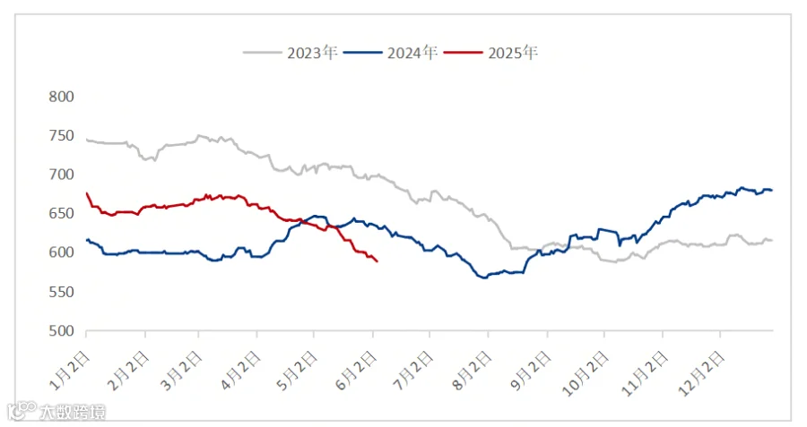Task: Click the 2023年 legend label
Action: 312,53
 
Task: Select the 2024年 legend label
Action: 412,53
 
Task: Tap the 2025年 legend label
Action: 513,53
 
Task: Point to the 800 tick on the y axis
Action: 61,97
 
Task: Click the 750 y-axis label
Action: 61,136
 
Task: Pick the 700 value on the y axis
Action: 61,175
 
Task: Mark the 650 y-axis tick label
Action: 61,214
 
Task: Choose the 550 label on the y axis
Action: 61,292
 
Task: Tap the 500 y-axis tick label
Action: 61,331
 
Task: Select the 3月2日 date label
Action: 182,371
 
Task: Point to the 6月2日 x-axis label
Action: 356,371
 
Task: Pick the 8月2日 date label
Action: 472,371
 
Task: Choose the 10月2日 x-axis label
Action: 585,374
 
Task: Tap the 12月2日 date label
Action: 701,374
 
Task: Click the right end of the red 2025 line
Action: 377,261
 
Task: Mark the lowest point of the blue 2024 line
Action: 484,278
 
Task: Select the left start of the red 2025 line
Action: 86,193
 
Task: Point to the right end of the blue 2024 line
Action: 772,190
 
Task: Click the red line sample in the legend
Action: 464,53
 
